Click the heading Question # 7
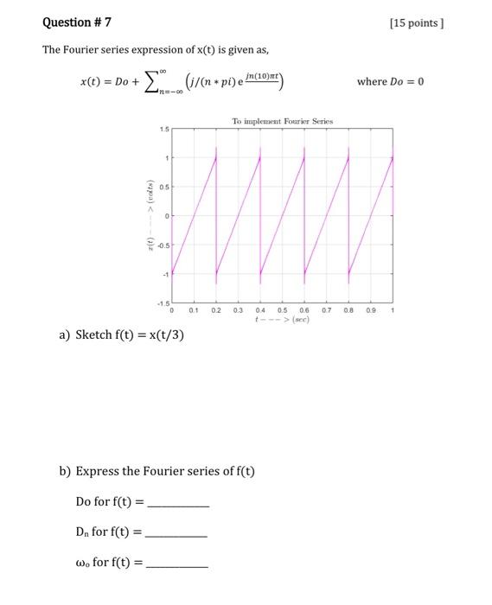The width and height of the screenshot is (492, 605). pyautogui.click(x=76, y=22)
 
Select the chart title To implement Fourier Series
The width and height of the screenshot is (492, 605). pyautogui.click(x=282, y=122)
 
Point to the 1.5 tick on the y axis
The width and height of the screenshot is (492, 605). pyautogui.click(x=163, y=130)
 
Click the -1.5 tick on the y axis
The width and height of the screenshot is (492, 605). pyautogui.click(x=163, y=303)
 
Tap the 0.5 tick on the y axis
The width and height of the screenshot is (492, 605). pyautogui.click(x=163, y=188)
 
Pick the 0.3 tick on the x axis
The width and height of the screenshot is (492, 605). pyautogui.click(x=239, y=309)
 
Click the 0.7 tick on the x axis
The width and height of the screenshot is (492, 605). pyautogui.click(x=327, y=309)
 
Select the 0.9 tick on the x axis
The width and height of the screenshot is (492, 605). pyautogui.click(x=371, y=309)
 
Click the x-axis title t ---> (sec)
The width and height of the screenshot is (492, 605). pyautogui.click(x=282, y=319)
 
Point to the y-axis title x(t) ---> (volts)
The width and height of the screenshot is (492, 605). pyautogui.click(x=150, y=217)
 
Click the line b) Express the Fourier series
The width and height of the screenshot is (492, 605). pyautogui.click(x=157, y=471)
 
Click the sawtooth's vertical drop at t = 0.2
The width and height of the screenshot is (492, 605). pyautogui.click(x=216, y=216)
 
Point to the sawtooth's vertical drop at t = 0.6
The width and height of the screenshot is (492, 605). pyautogui.click(x=304, y=216)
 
